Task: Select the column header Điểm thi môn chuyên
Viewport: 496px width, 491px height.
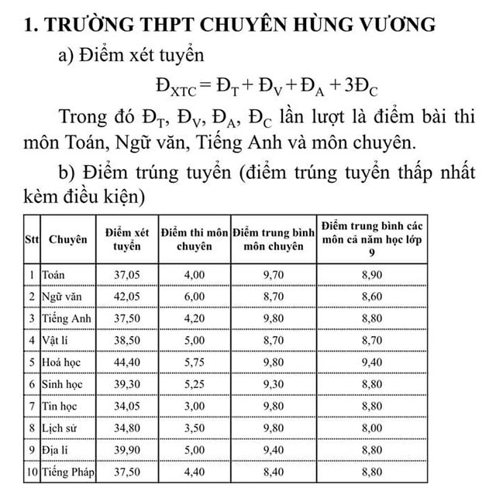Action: [195, 239]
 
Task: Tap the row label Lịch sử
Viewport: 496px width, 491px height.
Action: [60, 427]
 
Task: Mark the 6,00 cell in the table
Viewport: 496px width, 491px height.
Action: [195, 297]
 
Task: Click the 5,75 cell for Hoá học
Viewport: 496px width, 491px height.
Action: [195, 362]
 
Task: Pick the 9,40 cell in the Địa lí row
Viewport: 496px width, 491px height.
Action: [271, 449]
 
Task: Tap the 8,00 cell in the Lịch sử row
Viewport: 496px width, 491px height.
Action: [372, 427]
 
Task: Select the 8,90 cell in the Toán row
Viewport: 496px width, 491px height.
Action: [372, 275]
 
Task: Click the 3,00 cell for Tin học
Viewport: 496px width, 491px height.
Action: [195, 406]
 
